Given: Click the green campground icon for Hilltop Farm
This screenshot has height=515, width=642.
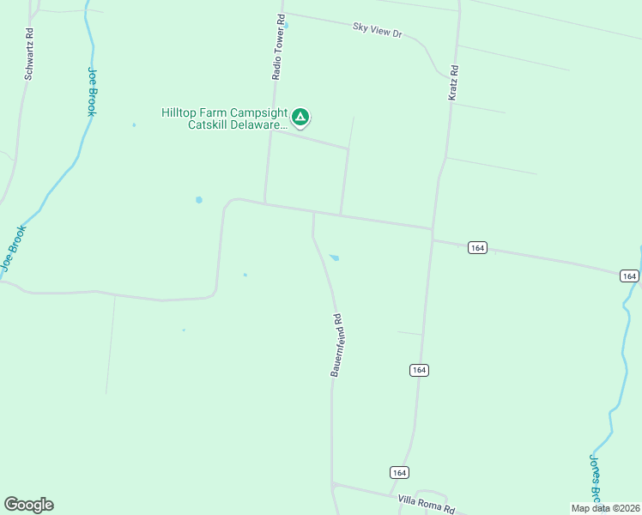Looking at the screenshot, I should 300,117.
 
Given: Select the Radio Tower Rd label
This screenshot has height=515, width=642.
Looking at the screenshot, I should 278,48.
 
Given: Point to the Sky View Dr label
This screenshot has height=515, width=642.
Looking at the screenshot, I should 378,30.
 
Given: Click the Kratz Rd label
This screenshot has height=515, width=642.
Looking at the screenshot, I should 453,84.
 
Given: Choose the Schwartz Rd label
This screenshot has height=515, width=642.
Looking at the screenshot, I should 29,54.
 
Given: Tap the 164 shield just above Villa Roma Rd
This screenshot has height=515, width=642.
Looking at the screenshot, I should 398,472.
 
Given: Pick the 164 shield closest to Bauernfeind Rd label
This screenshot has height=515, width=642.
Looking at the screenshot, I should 418,370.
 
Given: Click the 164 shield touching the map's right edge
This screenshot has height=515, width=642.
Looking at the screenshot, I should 630,276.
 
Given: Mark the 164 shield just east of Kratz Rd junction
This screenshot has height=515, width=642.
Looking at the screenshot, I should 478,247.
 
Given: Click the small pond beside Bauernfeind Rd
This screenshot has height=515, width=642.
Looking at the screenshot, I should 334,257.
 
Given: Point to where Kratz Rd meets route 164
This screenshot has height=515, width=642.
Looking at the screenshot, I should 432,229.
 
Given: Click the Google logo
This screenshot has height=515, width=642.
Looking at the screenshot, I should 28,505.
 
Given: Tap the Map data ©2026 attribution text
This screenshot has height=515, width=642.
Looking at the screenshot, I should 605,508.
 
